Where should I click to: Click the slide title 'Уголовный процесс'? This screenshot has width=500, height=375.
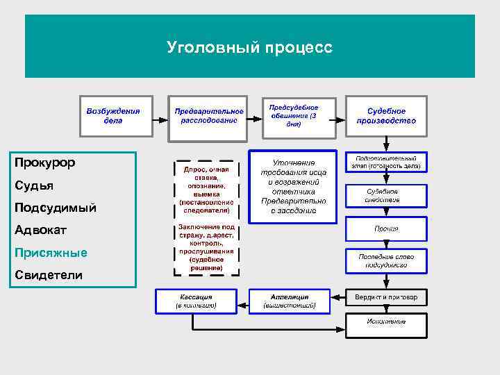[249, 47]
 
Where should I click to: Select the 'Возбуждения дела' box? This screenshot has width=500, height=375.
[113, 116]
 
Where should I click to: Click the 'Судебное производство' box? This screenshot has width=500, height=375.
[387, 116]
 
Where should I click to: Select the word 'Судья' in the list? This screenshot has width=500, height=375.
[34, 185]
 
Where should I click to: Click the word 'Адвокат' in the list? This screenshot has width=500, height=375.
[40, 231]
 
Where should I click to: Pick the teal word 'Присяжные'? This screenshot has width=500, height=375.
[51, 253]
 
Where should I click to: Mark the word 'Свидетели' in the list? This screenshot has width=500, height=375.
[49, 276]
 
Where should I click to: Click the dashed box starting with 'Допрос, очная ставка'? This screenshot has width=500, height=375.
[206, 187]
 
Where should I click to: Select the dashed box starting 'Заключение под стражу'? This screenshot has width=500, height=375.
[206, 248]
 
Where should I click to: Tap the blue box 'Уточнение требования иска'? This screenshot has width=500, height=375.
[292, 186]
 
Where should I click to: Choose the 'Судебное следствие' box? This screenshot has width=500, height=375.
[387, 195]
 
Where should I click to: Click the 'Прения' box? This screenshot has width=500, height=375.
[387, 228]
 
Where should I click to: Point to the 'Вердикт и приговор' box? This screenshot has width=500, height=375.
[387, 297]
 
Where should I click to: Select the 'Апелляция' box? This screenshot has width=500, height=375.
[290, 301]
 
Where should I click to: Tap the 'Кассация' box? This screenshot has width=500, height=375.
[195, 301]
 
